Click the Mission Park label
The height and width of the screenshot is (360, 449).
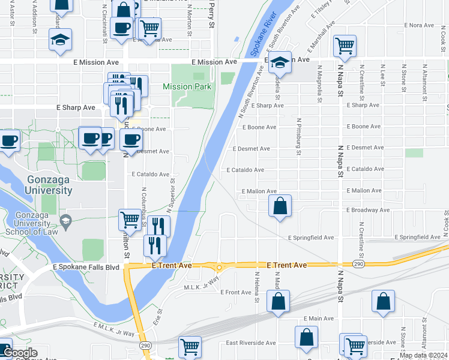(187, 86)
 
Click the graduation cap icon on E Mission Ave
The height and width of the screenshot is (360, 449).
(279, 61)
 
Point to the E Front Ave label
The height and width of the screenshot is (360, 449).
(236, 292)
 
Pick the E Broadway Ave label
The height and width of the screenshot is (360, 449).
(368, 210)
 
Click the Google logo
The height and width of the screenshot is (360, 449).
(20, 353)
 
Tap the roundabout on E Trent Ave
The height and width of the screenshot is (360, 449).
(220, 268)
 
